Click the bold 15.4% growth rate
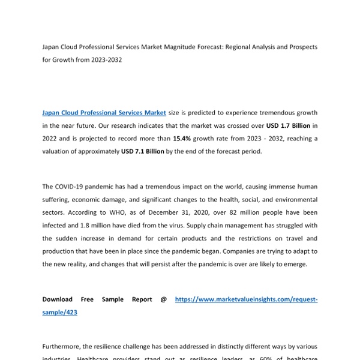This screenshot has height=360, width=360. [x=184, y=139]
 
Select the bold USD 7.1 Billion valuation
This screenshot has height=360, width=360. [x=142, y=152]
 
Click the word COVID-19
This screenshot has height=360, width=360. [x=74, y=187]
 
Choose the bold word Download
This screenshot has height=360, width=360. [x=58, y=299]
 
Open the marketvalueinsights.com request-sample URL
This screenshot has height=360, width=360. [x=246, y=299]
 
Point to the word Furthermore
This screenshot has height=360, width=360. [x=65, y=346]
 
